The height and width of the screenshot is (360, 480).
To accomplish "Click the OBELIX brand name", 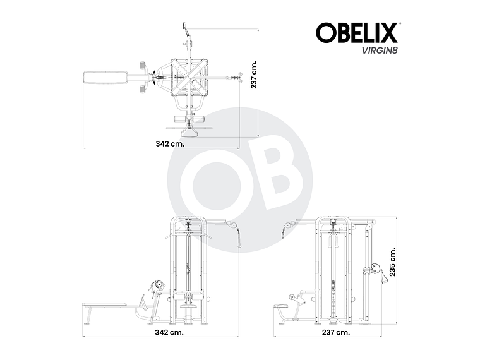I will (357, 32).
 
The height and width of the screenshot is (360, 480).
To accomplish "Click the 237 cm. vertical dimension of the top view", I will (254, 75).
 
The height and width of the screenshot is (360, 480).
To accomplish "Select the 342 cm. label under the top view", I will (170, 143).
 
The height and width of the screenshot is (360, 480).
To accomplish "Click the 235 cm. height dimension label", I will (393, 263).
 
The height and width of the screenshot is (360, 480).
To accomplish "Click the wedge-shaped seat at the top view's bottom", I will (189, 131).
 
